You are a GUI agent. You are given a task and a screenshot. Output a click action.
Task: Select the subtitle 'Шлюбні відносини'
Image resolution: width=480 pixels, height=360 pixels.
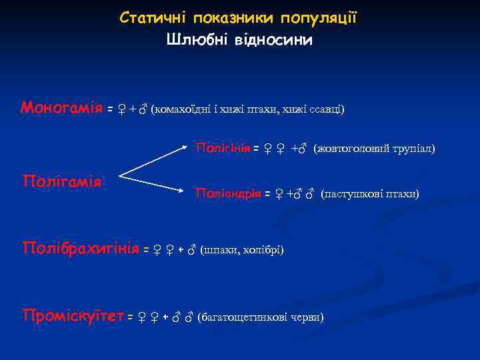(239, 40)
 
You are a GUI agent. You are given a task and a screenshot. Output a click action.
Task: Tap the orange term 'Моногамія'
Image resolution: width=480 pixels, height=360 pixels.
(61, 107)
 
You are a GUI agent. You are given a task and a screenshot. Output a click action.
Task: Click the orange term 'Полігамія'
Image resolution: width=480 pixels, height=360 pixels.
(61, 181)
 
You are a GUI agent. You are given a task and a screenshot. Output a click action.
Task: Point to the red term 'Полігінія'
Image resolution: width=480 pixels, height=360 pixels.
(222, 147)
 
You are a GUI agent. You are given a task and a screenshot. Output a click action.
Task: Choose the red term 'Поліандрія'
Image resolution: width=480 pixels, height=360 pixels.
(227, 193)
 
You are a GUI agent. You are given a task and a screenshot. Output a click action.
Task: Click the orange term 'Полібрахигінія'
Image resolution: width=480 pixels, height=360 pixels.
(81, 249)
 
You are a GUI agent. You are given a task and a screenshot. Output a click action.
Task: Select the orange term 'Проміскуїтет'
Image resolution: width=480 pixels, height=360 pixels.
(73, 315)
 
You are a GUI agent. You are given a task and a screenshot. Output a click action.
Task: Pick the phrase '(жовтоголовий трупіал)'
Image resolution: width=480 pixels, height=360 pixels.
(374, 148)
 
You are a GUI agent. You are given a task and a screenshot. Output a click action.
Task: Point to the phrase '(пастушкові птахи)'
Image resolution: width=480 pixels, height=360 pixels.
(370, 194)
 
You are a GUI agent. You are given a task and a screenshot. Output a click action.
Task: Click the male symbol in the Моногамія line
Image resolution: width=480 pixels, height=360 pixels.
(142, 109)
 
